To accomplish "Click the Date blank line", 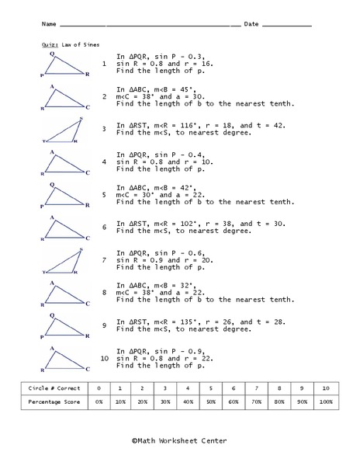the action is [x=286, y=25].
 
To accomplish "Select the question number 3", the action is [x=104, y=128].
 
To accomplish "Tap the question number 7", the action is [x=104, y=259].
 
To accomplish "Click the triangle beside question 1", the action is [x=66, y=66].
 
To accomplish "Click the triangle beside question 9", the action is [x=66, y=327].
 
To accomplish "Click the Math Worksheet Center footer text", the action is [x=180, y=440].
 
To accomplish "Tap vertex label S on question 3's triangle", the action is [x=81, y=118].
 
